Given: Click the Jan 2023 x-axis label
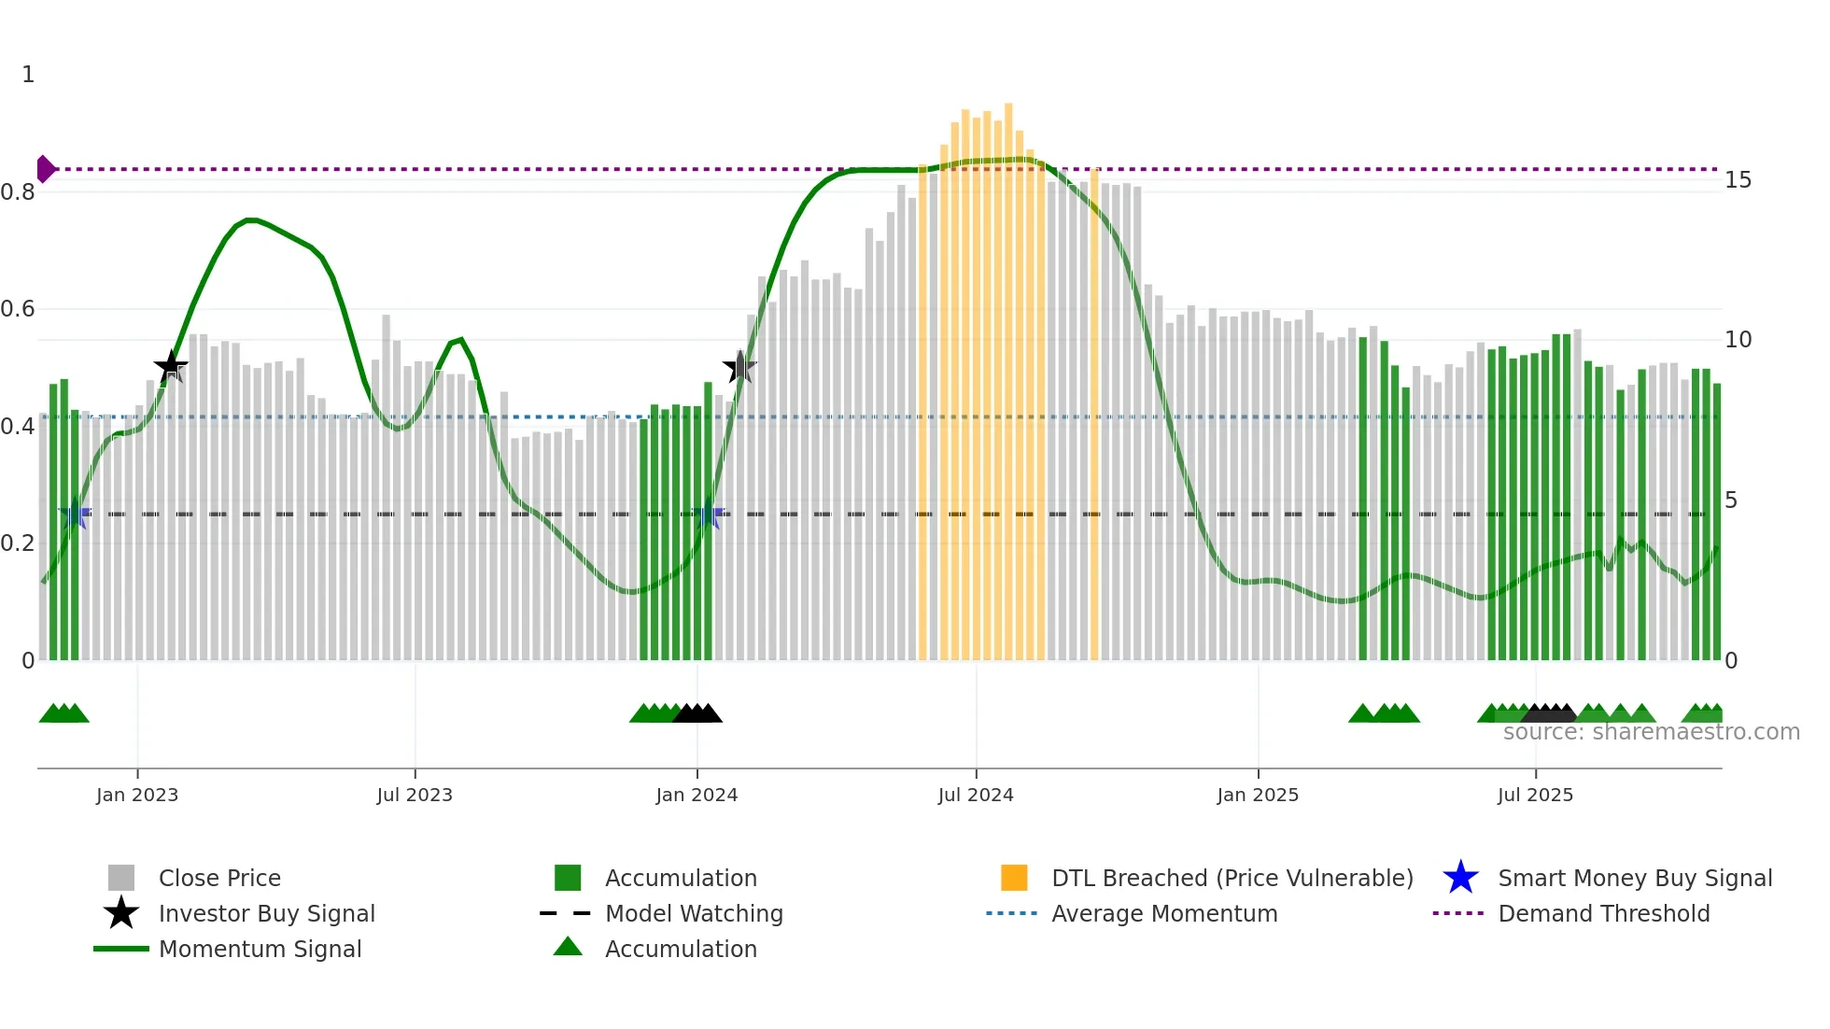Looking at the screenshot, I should (136, 795).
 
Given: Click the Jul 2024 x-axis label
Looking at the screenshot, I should (976, 795).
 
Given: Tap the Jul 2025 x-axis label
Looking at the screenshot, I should (1535, 795).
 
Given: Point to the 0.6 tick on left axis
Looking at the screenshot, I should (18, 309).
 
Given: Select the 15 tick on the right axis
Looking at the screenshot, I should (1738, 180).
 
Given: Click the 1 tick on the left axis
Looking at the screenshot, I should (28, 75).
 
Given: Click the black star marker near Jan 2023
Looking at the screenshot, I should (171, 367).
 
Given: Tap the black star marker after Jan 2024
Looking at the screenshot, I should (739, 367).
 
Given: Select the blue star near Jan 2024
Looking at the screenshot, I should (709, 514).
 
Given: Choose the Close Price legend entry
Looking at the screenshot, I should (219, 878).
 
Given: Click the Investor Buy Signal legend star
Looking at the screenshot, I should (121, 913).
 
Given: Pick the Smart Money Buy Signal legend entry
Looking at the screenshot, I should (1634, 878).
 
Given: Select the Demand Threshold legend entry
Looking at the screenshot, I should (1603, 913).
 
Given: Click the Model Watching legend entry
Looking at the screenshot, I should (693, 913).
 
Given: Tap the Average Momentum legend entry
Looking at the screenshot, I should (1163, 913).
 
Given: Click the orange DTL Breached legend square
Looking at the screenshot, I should (1014, 878).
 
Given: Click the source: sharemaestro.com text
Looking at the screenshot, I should (1651, 732).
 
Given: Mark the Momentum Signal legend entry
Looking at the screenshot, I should (259, 949).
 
